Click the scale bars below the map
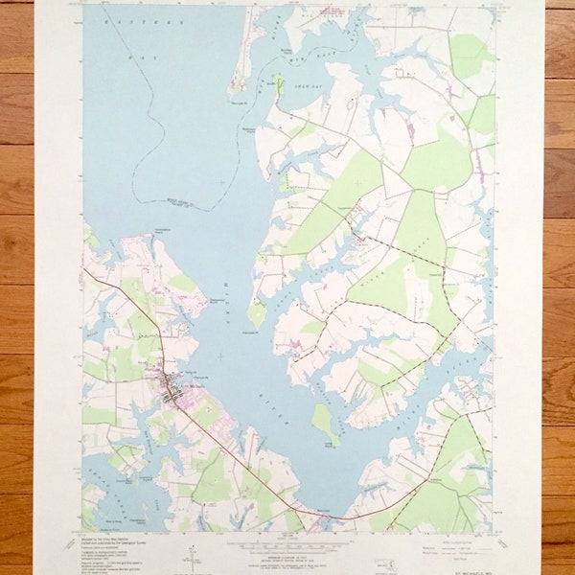click(x=287, y=549)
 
